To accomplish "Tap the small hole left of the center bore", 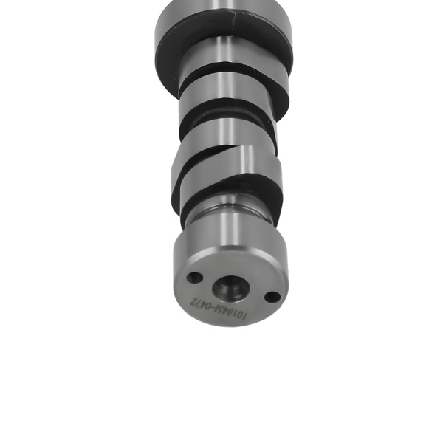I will (194, 278).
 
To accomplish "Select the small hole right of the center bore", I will (272, 297).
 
